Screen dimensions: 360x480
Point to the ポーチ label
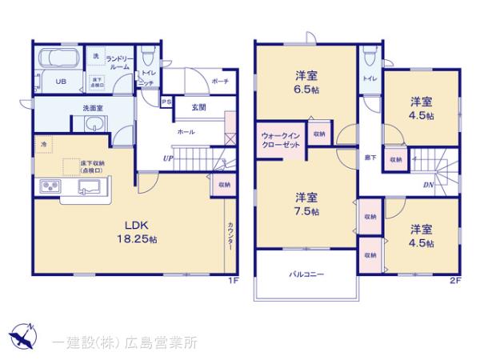tap(222, 82)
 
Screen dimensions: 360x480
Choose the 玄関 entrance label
tap(198, 106)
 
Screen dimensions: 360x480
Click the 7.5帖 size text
tap(305, 211)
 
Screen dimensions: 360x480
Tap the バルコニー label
tap(306, 274)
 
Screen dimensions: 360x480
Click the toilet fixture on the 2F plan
tap(368, 58)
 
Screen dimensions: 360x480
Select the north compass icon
tap(22, 334)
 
